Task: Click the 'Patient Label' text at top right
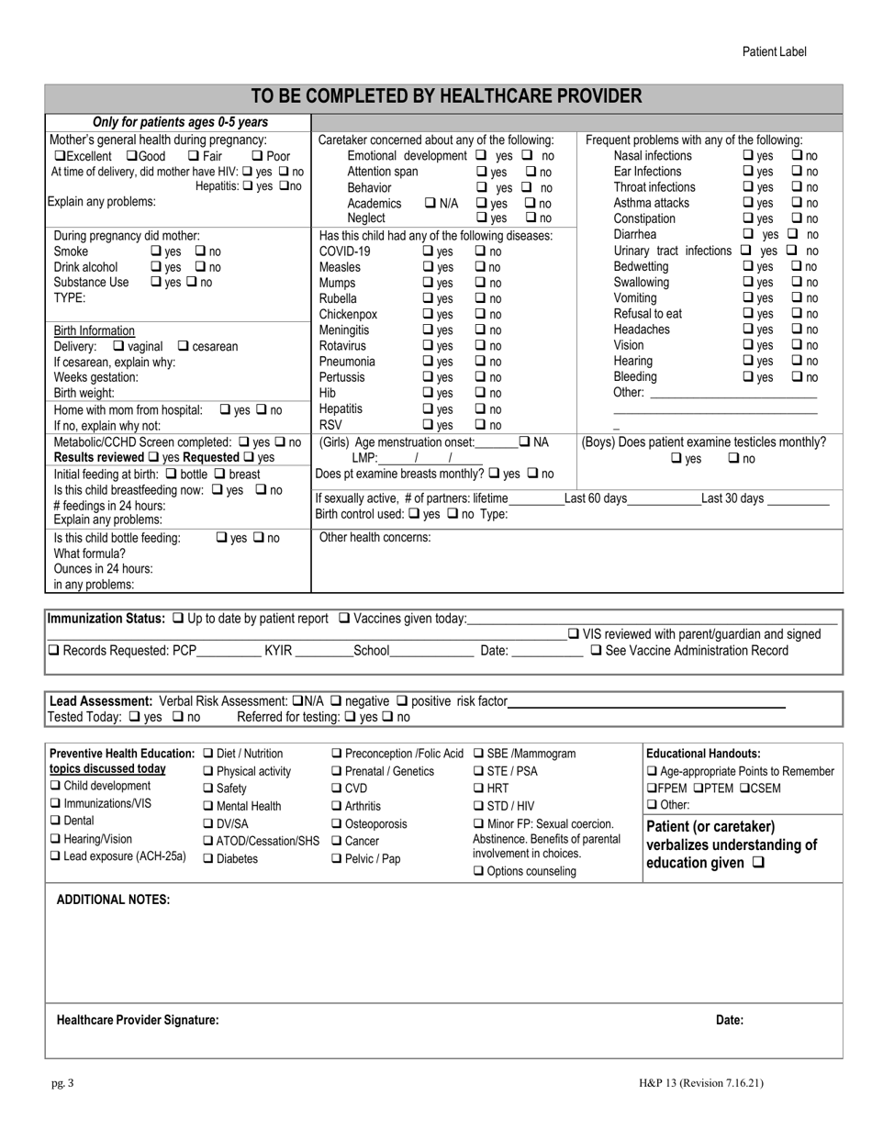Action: coord(774,51)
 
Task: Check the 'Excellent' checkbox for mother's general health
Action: coord(60,156)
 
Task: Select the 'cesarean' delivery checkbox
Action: coord(183,346)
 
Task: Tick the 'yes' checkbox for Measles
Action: coord(428,267)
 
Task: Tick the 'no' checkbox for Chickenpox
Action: coord(480,315)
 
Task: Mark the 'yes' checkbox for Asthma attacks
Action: coord(748,203)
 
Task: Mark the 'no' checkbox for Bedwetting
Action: coord(797,266)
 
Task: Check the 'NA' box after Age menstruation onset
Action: coord(525,442)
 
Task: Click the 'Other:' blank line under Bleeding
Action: coord(732,394)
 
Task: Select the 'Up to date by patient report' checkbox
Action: coord(177,618)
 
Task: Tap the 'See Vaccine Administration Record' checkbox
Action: coord(596,651)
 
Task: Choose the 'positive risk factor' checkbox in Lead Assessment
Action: coord(403,701)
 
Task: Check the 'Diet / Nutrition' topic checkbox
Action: coord(207,754)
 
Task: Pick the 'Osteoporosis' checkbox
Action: coord(337,824)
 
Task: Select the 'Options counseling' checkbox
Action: coord(478,871)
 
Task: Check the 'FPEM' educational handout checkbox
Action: coord(652,788)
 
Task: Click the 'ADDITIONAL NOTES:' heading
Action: coord(113,900)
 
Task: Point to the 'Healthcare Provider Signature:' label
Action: coord(138,1020)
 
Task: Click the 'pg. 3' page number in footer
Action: coord(62,1083)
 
